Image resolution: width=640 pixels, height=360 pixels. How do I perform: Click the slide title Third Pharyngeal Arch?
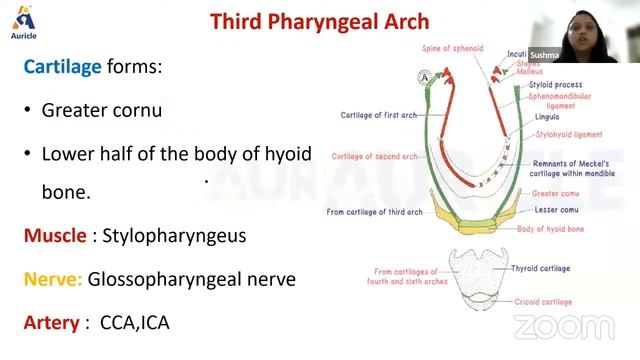(x=320, y=20)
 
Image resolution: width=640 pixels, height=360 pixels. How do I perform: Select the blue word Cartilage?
(x=63, y=68)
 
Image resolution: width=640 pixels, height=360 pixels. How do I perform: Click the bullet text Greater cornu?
(x=101, y=110)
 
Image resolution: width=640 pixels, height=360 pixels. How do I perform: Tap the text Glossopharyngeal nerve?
(x=192, y=279)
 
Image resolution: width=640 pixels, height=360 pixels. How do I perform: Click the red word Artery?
(x=52, y=322)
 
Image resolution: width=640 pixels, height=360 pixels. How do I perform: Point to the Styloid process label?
(x=557, y=86)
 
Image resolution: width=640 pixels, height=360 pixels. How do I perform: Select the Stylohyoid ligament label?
(x=568, y=134)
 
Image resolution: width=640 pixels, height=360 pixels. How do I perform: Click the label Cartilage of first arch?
(x=378, y=115)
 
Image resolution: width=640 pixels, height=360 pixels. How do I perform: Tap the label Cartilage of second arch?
(x=374, y=157)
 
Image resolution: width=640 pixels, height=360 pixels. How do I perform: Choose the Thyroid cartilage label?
(x=541, y=269)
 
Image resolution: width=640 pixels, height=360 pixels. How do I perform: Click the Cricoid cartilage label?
(x=542, y=301)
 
